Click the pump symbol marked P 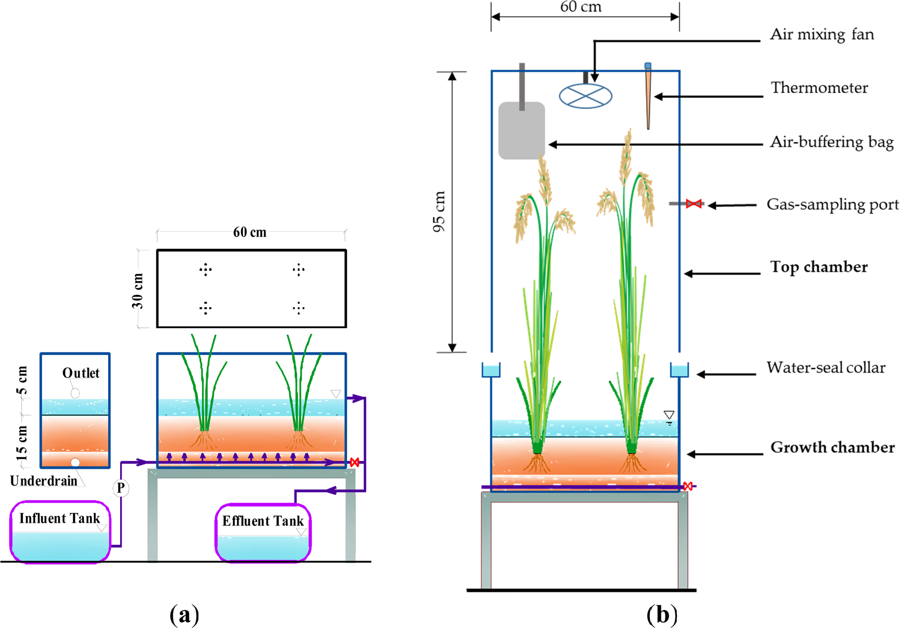pyautogui.click(x=121, y=488)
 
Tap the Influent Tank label pyautogui.click(x=60, y=518)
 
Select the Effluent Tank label pyautogui.click(x=263, y=521)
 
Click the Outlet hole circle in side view pyautogui.click(x=75, y=393)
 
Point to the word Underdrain pyautogui.click(x=43, y=481)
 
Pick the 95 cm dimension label pyautogui.click(x=439, y=212)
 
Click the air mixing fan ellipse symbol pyautogui.click(x=585, y=96)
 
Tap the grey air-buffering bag pyautogui.click(x=522, y=130)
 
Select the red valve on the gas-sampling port pyautogui.click(x=694, y=204)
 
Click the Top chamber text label pyautogui.click(x=819, y=267)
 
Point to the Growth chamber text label pyautogui.click(x=832, y=447)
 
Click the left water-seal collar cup pyautogui.click(x=491, y=370)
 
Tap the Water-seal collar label pyautogui.click(x=825, y=367)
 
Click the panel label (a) pyautogui.click(x=184, y=615)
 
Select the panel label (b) pyautogui.click(x=662, y=615)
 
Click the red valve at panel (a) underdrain pyautogui.click(x=354, y=463)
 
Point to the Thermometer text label pyautogui.click(x=819, y=88)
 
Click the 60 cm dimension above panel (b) pyautogui.click(x=581, y=7)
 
